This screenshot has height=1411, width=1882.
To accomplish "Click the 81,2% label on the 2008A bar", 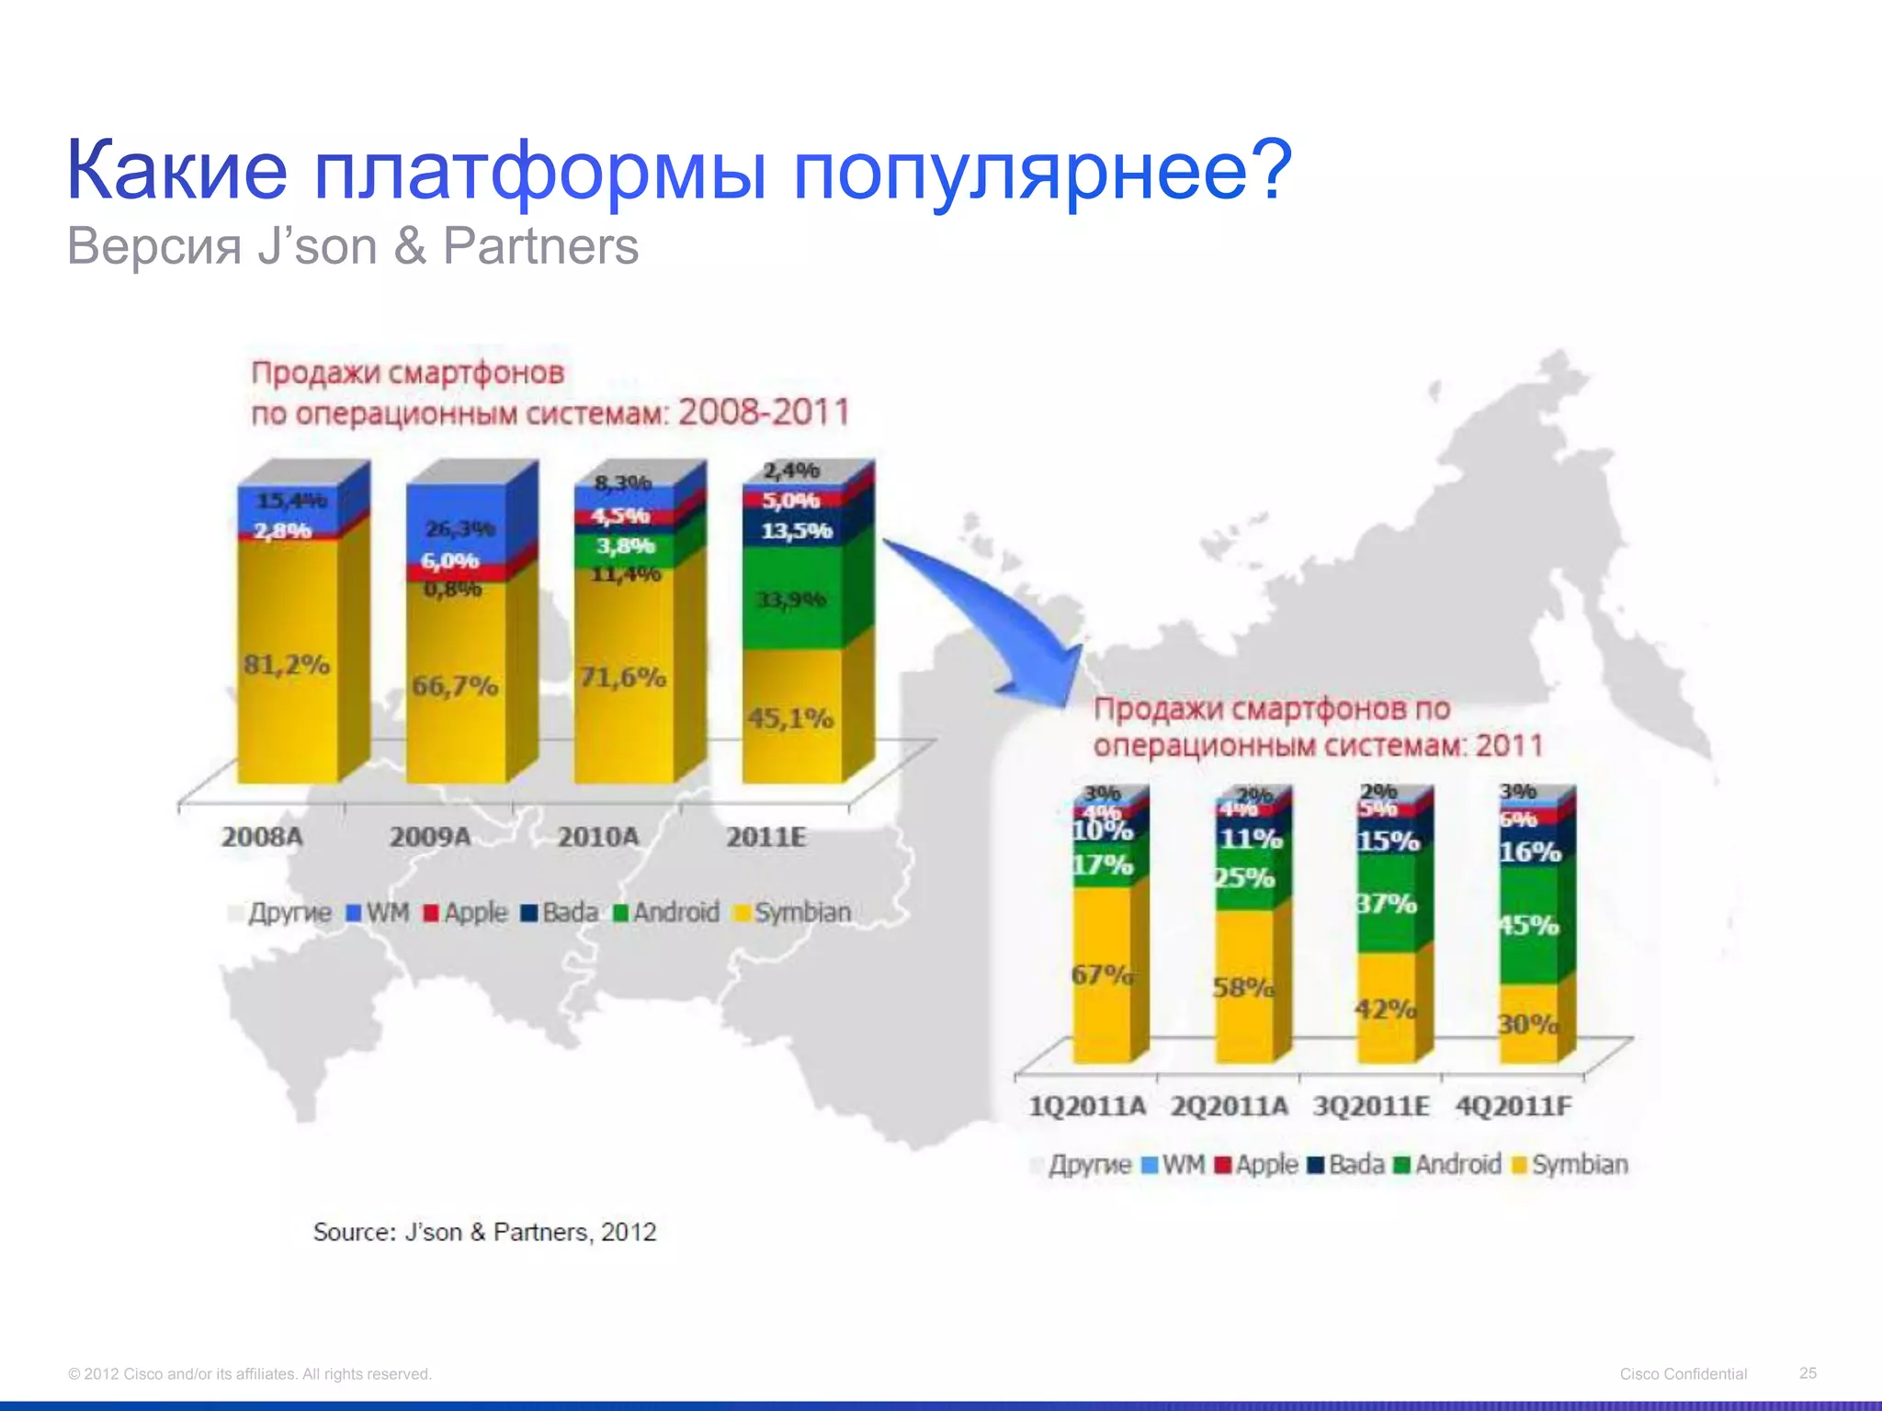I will [287, 664].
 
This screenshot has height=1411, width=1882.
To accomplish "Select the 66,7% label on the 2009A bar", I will [455, 686].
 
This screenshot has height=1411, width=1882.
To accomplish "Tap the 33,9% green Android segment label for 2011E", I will [791, 600].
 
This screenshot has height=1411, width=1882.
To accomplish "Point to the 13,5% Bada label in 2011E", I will [796, 531].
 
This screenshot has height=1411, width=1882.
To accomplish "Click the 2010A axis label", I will [598, 837].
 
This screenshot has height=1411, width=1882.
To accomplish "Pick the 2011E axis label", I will [766, 837].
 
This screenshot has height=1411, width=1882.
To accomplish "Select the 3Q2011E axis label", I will [1371, 1106].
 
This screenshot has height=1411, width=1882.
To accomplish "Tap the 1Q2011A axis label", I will [1087, 1106].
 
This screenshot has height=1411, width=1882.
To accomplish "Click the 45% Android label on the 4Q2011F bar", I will [1528, 925].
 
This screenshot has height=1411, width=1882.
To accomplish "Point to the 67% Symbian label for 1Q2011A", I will [1102, 975].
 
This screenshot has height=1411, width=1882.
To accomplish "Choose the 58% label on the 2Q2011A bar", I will [1243, 988].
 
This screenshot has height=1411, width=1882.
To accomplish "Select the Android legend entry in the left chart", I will [667, 912].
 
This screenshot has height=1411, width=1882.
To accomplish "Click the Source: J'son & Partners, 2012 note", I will [484, 1232].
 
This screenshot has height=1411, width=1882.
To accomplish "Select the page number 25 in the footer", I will [1808, 1372].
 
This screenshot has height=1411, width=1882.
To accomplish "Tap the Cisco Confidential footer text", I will [1683, 1373].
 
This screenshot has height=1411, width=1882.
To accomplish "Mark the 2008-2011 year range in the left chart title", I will [764, 412].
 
